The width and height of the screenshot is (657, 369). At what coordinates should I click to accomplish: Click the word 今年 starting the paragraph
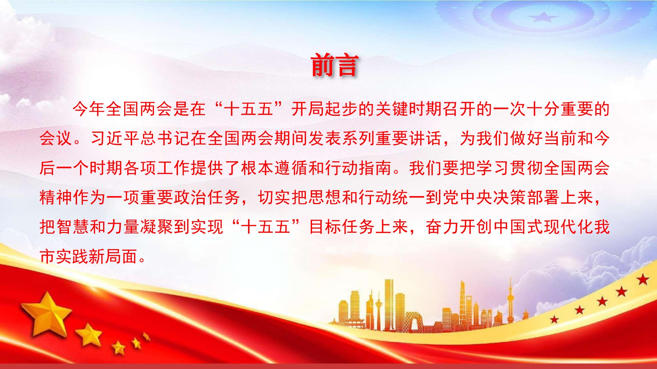coord(89,109)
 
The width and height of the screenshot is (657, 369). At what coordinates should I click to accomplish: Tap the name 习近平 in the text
coord(115,139)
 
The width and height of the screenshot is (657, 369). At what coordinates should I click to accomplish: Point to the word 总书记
coord(165,139)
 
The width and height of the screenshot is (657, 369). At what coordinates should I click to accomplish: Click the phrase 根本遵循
coord(274,168)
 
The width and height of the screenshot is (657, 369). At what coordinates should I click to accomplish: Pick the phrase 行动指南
coord(358,168)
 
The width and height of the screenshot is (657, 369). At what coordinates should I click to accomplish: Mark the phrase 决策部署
coord(526,197)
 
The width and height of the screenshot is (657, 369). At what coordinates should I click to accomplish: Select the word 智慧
coord(73,227)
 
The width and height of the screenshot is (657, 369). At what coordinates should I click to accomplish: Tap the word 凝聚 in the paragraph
coord(156,227)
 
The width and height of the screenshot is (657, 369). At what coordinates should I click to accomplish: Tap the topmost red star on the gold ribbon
coord(643,280)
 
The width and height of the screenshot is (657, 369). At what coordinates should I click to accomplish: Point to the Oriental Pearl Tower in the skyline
coord(510,301)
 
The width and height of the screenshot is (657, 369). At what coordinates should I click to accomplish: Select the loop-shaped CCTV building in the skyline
coord(414,321)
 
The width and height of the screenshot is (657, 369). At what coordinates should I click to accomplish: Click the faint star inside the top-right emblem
coord(543,16)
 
